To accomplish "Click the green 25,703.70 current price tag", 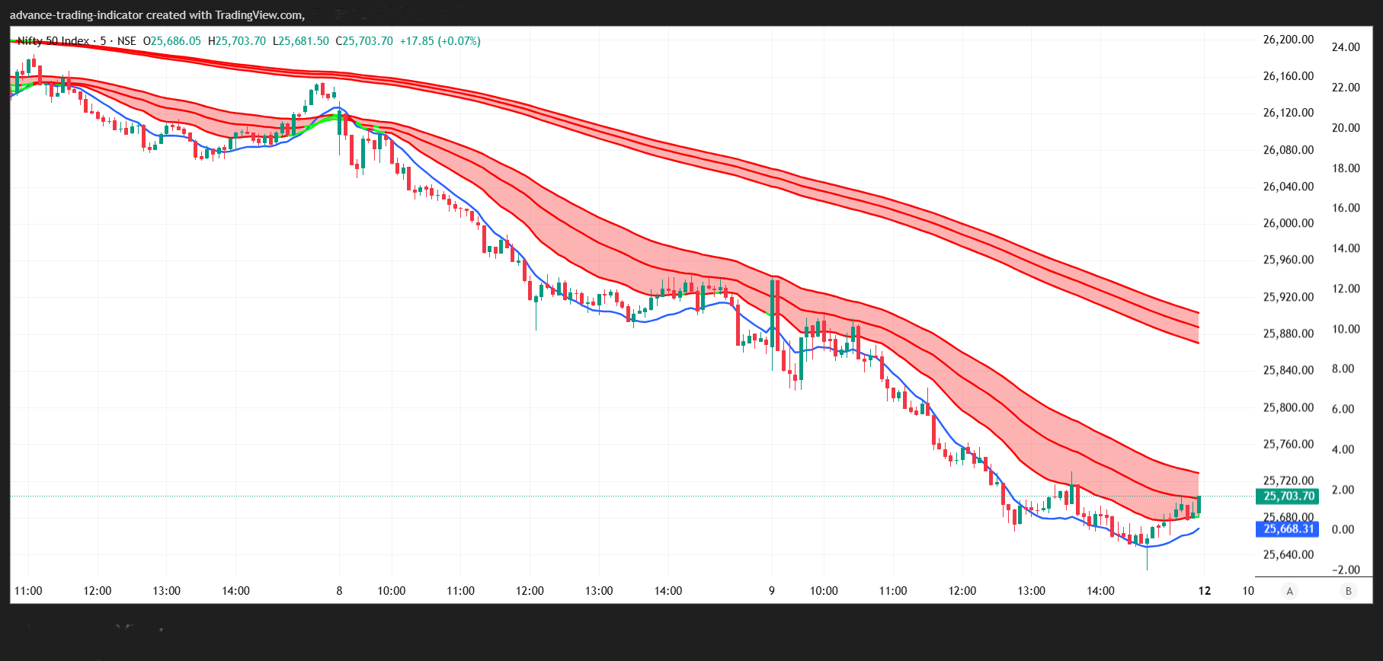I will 1289,497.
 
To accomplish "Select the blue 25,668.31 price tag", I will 1289,528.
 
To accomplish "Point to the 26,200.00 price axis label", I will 1289,40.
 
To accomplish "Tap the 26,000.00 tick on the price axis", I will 1289,223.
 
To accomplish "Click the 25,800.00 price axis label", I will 1289,407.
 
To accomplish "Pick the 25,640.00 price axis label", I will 1289,554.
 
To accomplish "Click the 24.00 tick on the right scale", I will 1346,47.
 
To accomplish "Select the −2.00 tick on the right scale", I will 1346,570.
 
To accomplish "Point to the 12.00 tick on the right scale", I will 1346,289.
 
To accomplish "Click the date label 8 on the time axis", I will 339,591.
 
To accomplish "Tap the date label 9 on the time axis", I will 772,591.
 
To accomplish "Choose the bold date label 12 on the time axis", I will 1204,591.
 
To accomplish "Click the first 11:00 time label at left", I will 28,591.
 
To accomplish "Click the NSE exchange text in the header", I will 126,41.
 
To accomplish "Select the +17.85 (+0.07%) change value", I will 440,41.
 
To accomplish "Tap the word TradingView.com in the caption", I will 260,15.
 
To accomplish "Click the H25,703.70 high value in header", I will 237,41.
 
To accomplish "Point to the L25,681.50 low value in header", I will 301,41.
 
